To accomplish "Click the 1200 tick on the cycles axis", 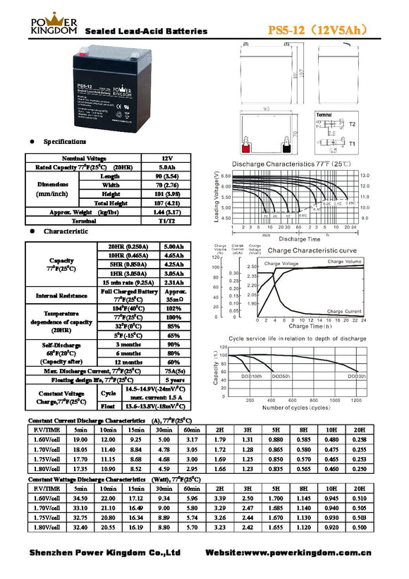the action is pyautogui.click(x=355, y=401).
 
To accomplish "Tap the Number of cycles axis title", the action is pyautogui.click(x=296, y=408).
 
